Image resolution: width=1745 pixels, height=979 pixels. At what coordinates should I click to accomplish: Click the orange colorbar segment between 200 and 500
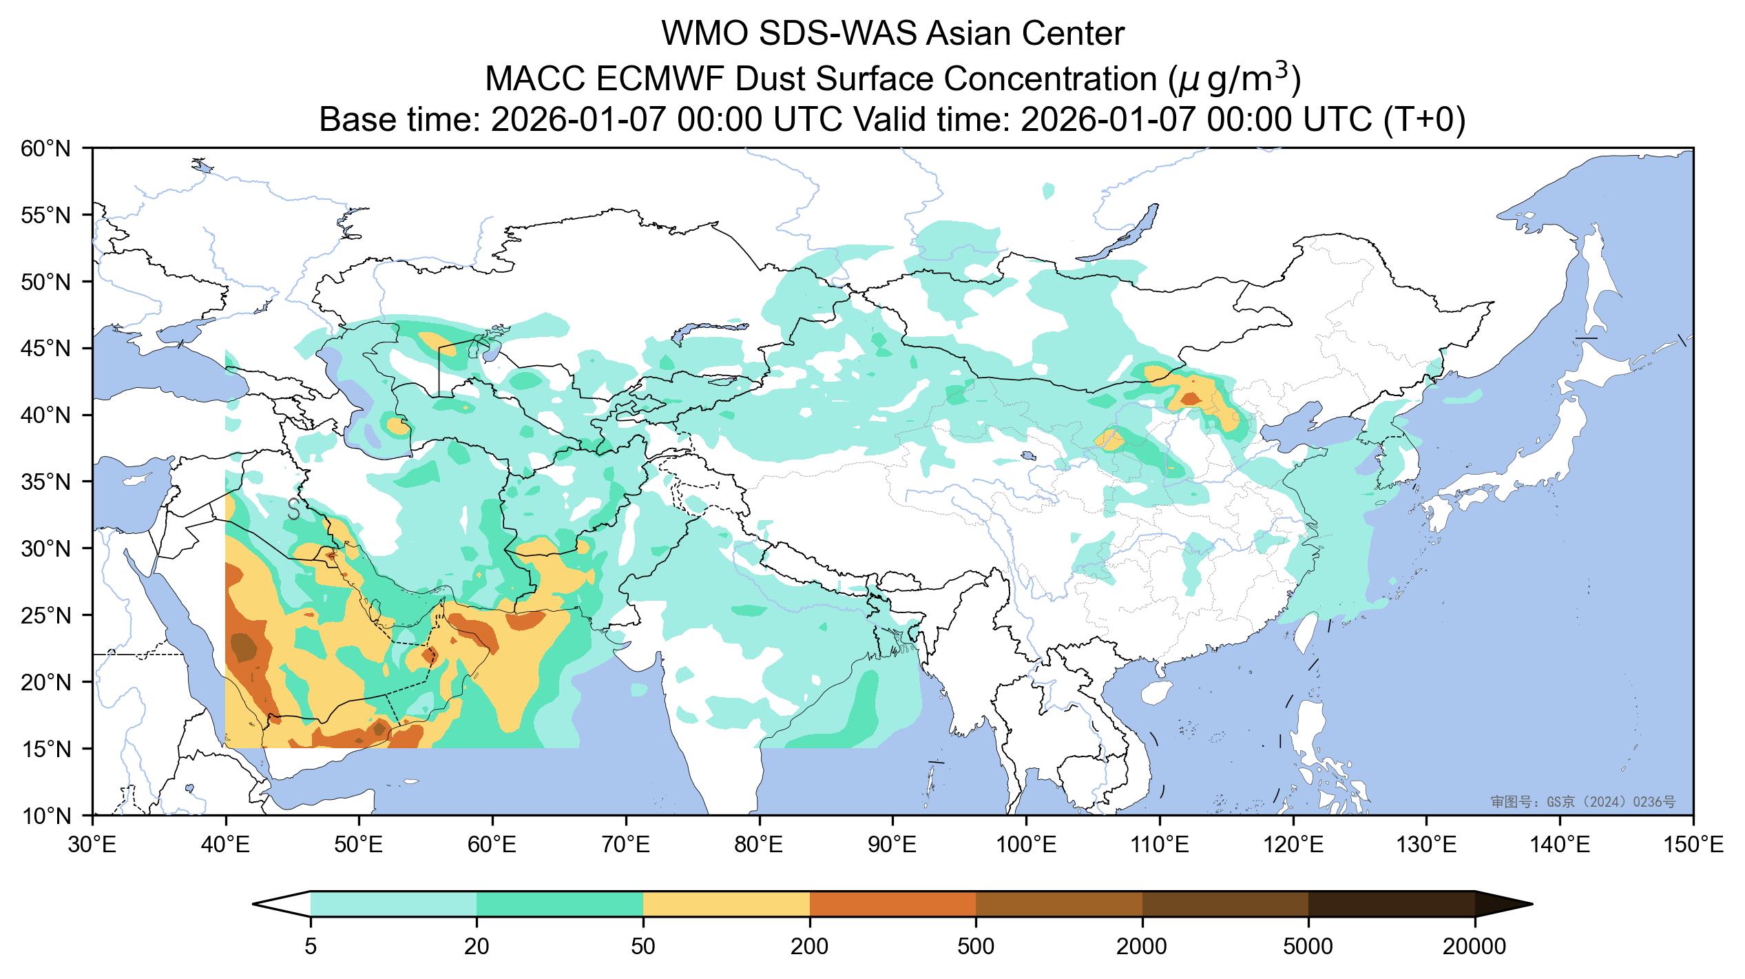(892, 904)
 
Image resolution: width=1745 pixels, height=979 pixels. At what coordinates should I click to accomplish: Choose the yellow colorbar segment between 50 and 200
(726, 904)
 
